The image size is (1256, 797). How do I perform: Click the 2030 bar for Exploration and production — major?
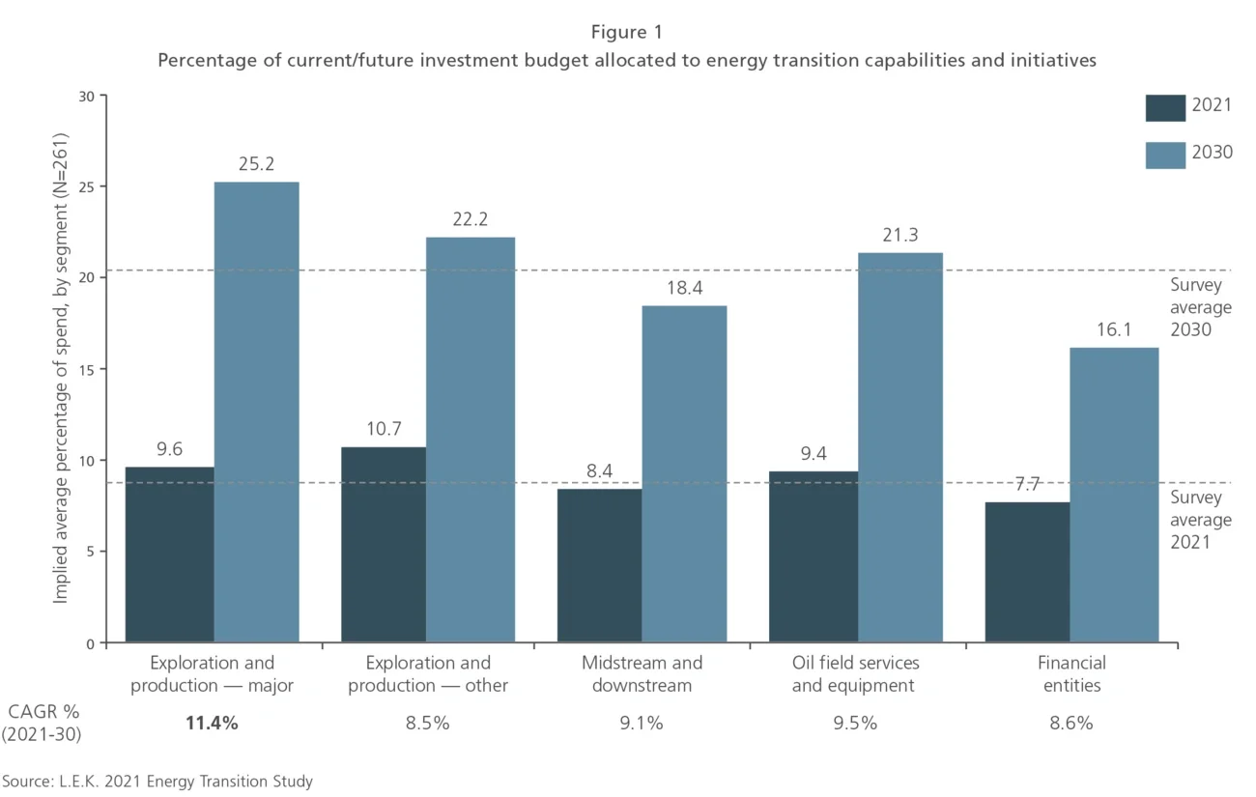(x=256, y=412)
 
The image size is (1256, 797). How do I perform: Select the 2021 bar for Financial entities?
(x=1027, y=572)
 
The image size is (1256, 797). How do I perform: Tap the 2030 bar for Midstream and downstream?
(x=684, y=473)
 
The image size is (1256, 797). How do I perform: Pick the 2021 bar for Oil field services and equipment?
(x=813, y=556)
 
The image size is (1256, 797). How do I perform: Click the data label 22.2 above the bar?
(x=471, y=219)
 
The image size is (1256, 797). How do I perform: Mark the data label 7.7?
(x=1026, y=485)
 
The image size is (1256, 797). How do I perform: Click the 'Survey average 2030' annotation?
(x=1201, y=307)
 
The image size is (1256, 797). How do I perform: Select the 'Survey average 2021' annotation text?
(x=1201, y=520)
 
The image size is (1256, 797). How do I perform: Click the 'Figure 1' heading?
(x=626, y=33)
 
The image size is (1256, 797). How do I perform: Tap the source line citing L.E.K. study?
(x=157, y=781)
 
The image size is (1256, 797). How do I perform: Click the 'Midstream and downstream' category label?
(x=642, y=674)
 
